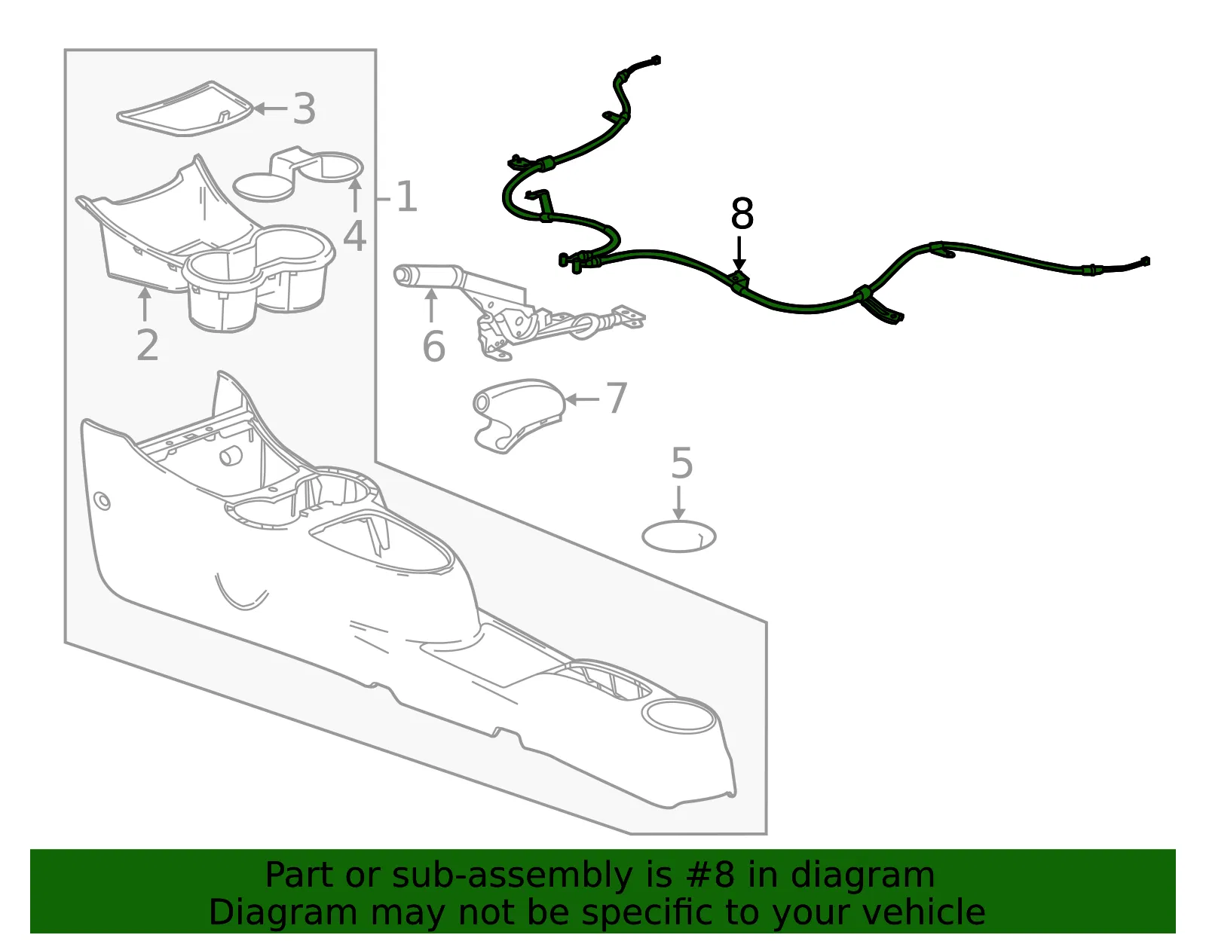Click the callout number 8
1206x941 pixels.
tap(742, 213)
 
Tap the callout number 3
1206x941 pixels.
tap(304, 108)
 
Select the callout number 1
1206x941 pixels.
tap(406, 197)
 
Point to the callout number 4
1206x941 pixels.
tap(355, 237)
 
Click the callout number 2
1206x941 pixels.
tap(148, 345)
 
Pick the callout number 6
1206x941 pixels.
tap(433, 347)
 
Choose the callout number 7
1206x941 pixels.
tap(616, 398)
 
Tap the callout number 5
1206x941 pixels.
tap(682, 463)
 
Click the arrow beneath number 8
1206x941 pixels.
tap(739, 255)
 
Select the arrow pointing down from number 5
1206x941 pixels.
tap(678, 503)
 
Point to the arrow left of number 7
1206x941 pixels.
tap(582, 399)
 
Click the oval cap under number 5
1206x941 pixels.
tap(679, 536)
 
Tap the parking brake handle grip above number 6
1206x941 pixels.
tap(428, 275)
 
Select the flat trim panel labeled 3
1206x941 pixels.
tap(185, 109)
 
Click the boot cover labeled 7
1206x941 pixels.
tap(519, 415)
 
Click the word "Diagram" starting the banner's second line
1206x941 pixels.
tap(283, 912)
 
